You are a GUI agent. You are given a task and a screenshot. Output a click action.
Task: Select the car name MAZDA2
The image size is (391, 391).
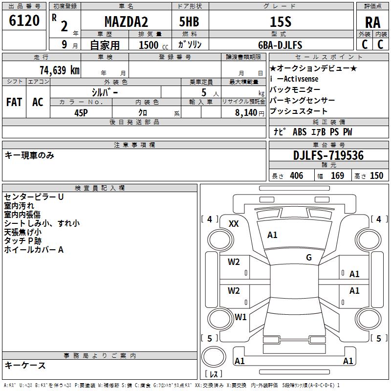pos(127,22)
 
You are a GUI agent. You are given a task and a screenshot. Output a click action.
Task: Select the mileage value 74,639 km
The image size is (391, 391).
pos(60,70)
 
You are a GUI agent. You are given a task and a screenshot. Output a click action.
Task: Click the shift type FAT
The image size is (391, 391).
pos(14,102)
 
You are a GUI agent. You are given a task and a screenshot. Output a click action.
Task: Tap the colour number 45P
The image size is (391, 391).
pos(81,112)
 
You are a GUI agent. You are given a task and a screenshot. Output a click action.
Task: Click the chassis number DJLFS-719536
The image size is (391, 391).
pos(328,155)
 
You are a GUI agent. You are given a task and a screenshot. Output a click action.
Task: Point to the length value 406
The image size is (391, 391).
pos(296,175)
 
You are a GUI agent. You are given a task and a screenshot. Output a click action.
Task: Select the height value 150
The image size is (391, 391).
pos(376,175)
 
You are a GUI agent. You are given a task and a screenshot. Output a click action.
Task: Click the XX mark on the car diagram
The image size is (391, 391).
pos(234,223)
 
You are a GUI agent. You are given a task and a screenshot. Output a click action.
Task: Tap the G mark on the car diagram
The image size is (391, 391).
pos(309,258)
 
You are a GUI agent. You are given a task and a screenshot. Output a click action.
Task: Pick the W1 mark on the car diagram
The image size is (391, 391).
pos(240,317)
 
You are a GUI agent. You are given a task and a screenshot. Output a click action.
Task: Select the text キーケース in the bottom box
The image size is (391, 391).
pos(25,366)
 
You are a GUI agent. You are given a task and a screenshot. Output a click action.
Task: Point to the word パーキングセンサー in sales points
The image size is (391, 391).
pos(302,100)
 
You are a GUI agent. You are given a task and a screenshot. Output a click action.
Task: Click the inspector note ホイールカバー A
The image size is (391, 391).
pos(34,250)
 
